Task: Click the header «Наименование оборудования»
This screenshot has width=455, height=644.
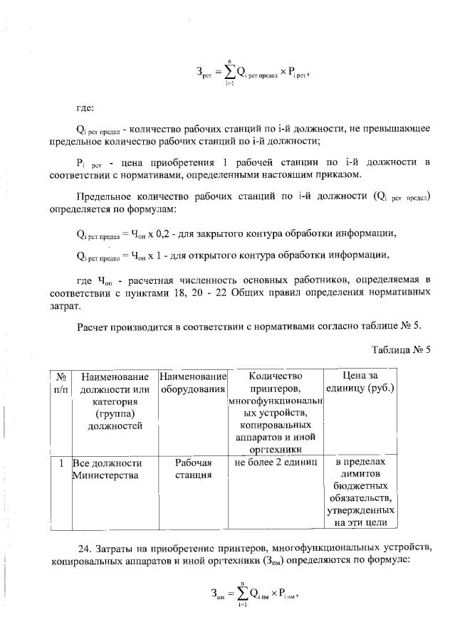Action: point(193,382)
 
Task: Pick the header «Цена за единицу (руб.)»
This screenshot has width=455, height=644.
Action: point(359,382)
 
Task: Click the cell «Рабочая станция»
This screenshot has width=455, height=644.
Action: point(193,468)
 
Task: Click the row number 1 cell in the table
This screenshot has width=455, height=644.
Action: point(61,462)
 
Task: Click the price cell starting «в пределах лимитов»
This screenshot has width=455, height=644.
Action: point(359,492)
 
